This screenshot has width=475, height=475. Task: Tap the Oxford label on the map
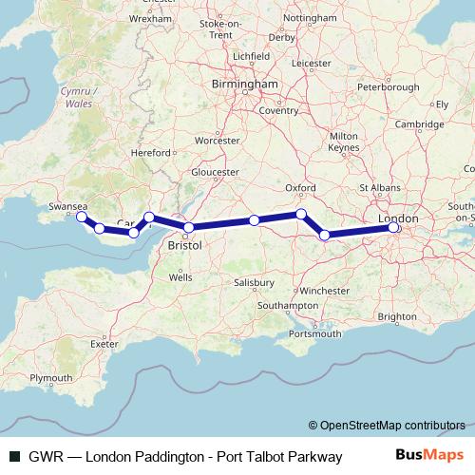point(299,188)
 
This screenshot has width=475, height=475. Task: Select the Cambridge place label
point(419,123)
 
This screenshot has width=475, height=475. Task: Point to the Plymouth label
point(50,378)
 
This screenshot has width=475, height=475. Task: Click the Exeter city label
point(103,343)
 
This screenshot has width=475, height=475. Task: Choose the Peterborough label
point(388,87)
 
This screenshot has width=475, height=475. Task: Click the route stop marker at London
point(393,227)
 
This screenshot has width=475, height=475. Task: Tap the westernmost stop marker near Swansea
point(83,218)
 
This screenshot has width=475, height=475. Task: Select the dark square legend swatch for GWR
point(13,457)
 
